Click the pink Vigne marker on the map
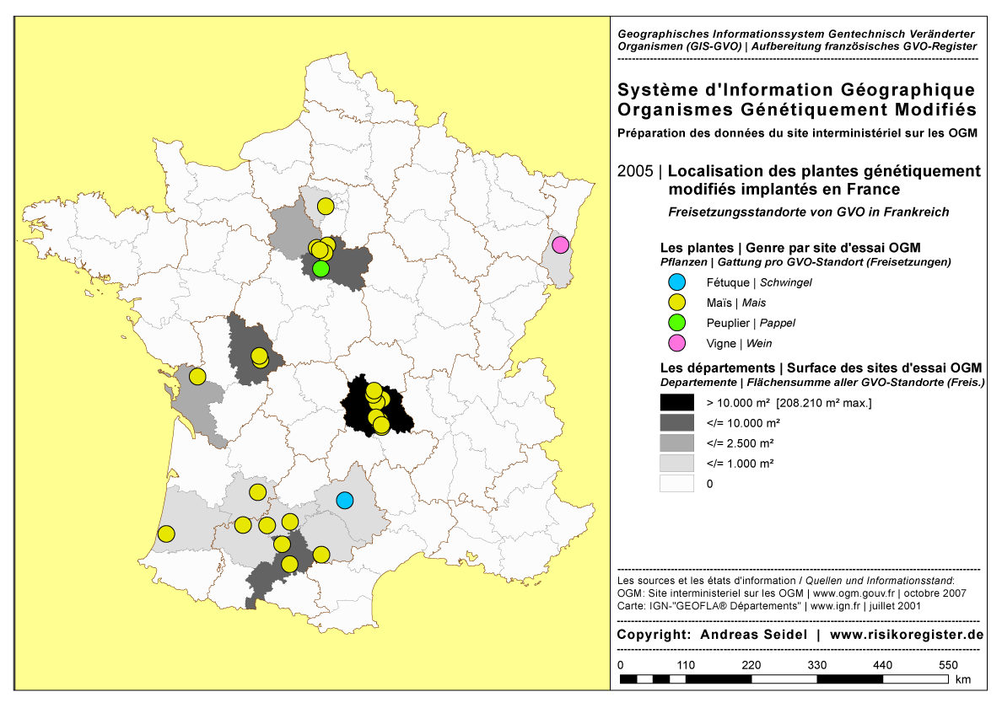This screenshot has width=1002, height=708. point(560,245)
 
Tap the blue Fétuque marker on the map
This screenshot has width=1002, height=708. point(344,500)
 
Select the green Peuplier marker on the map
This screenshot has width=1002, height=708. point(321,268)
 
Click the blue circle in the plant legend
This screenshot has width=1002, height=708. point(676,282)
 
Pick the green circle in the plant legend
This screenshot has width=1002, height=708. point(676,323)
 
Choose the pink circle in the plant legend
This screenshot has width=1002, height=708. point(676,343)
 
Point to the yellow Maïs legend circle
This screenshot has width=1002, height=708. point(676,303)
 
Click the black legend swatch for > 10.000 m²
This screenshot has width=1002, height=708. point(676,403)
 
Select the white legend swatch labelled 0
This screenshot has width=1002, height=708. point(676,484)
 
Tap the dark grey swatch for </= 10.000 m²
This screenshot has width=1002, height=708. point(676,423)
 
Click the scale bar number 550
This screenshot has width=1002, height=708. point(948,665)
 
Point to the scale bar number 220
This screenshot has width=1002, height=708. point(751,665)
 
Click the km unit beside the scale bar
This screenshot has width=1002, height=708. point(963,679)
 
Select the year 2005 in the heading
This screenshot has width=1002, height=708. point(634,172)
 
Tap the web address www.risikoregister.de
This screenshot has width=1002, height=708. point(907,634)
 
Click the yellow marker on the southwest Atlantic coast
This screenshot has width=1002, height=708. point(166,534)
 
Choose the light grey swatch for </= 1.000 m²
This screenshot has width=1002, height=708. point(676,464)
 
